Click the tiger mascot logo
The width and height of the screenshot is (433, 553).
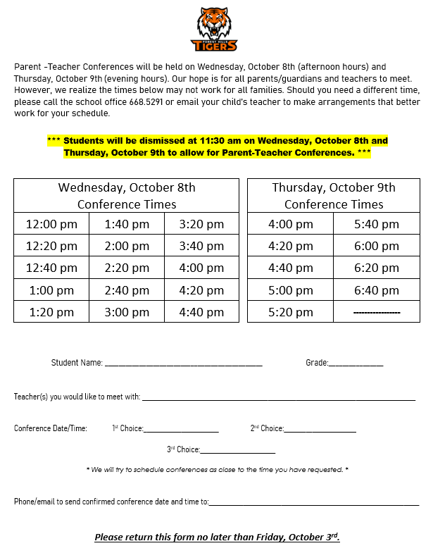point(214,29)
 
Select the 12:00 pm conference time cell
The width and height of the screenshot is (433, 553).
point(51,224)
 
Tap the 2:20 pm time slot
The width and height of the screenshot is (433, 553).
point(127,268)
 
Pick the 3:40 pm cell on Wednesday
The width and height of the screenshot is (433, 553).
point(201,246)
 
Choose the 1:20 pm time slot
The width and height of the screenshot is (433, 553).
point(51,311)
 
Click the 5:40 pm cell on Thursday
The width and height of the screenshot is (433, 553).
point(376,224)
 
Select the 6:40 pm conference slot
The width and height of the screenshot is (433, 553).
point(376,290)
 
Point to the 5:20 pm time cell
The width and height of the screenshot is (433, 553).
point(290,311)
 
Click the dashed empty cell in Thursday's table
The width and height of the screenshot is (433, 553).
point(376,311)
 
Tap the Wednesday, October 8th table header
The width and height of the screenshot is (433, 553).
point(127,195)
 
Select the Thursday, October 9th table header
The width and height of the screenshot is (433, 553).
point(334,195)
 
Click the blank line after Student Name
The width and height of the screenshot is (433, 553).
point(183,364)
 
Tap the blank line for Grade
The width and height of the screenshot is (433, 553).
point(356,364)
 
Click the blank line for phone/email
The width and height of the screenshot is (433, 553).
point(313,503)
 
